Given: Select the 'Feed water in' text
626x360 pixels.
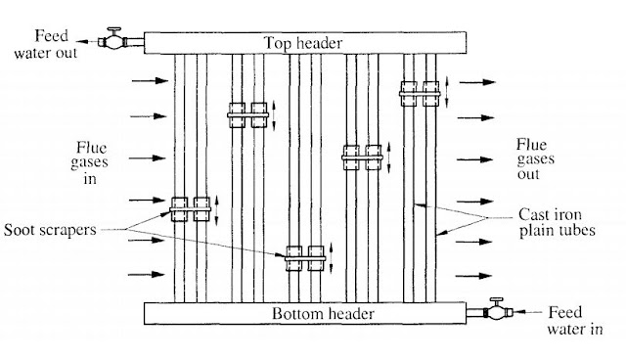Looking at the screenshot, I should pos(566,320).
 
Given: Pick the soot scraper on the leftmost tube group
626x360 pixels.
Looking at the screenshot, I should pos(191,207).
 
